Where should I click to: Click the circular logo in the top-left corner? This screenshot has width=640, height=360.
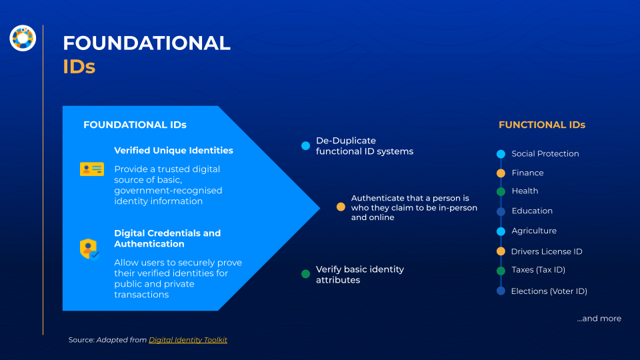tap(23, 38)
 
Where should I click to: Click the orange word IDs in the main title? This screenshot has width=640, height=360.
tap(79, 67)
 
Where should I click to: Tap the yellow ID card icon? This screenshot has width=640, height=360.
tap(92, 169)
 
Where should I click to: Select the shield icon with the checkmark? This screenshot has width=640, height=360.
tap(89, 249)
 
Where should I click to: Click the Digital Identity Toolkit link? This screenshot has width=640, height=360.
tap(188, 339)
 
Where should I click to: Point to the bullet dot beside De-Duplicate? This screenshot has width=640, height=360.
tap(306, 146)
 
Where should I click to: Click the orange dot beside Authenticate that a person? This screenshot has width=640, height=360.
tap(341, 207)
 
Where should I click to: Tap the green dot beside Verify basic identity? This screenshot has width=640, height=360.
tap(306, 274)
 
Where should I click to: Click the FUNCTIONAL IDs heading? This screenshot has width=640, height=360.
tap(542, 125)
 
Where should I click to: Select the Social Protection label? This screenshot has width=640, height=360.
tap(545, 153)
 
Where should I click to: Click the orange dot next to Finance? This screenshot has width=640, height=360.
tap(501, 173)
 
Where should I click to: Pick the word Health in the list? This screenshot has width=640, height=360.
tap(525, 191)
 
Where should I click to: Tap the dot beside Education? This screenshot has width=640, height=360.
tap(501, 211)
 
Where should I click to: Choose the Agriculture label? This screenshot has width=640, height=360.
tap(534, 231)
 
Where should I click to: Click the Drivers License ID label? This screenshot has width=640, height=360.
tap(547, 251)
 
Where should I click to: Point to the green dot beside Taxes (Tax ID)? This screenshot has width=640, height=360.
tap(501, 271)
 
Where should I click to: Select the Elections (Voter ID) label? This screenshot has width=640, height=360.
tap(549, 291)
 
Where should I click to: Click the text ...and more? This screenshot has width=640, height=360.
tap(599, 319)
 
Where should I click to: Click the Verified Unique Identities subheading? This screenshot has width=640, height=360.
tap(173, 150)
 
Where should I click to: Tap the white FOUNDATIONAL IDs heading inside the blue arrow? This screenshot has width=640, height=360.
tap(135, 125)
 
